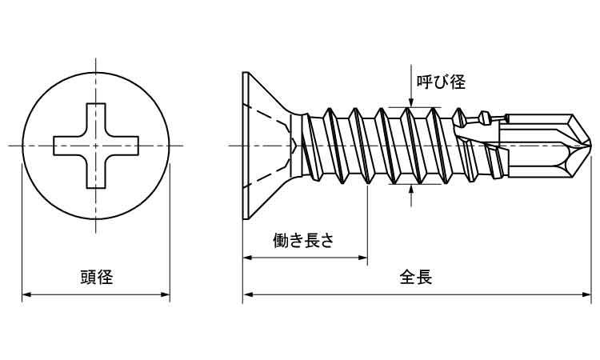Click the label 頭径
pyautogui.click(x=96, y=278)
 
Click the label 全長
pyautogui.click(x=416, y=278)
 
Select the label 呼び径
pyautogui.click(x=440, y=82)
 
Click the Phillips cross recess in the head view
pyautogui.click(x=96, y=145)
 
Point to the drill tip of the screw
pyautogui.click(x=588, y=145)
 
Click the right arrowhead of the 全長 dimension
pyautogui.click(x=590, y=295)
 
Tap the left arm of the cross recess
pyautogui.click(x=64, y=145)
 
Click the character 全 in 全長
pyautogui.click(x=407, y=278)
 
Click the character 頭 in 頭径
pyautogui.click(x=88, y=278)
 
